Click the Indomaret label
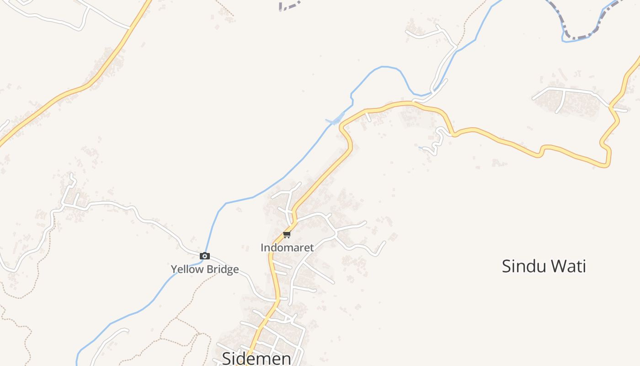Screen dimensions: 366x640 coord(287,248)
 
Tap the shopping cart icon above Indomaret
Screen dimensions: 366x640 coord(287,235)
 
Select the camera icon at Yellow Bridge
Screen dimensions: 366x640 coord(205,256)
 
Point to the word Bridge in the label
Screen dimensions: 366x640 coord(221,269)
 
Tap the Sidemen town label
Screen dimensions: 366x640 coord(256,358)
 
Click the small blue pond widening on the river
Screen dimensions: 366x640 coord(337,120)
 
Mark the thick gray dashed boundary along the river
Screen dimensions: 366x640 coord(577,37)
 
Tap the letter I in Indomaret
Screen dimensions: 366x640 coord(262,248)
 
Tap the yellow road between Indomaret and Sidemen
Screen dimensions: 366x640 coord(274,274)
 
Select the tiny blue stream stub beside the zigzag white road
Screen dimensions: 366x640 coord(422,147)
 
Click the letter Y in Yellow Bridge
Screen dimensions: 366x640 coord(174,269)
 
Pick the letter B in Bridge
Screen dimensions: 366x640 coord(208,269)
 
